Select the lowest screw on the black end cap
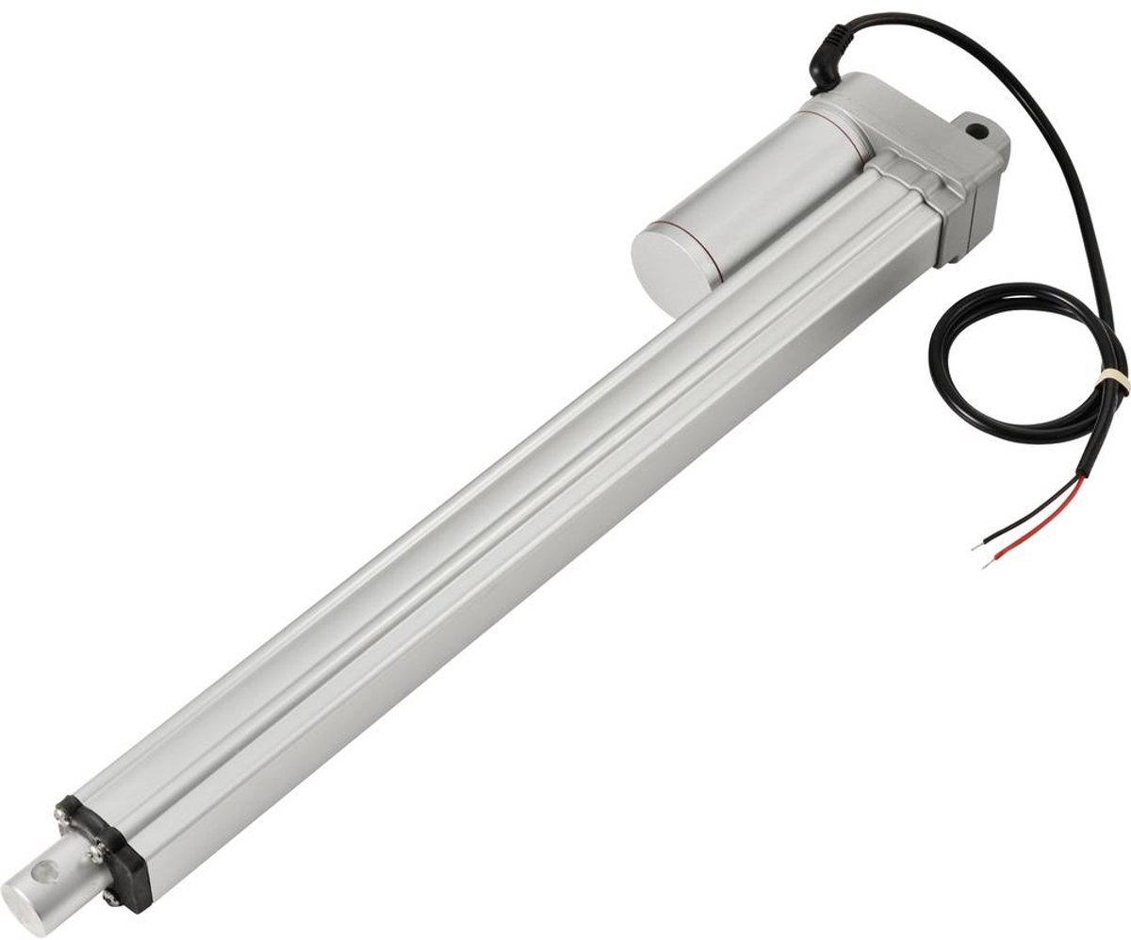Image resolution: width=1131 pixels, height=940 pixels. [x=112, y=895]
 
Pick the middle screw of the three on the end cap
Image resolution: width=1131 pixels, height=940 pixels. [x=94, y=852]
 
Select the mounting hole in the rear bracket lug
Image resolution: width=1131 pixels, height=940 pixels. [x=975, y=124]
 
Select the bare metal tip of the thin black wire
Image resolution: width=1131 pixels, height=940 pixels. [x=976, y=545]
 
